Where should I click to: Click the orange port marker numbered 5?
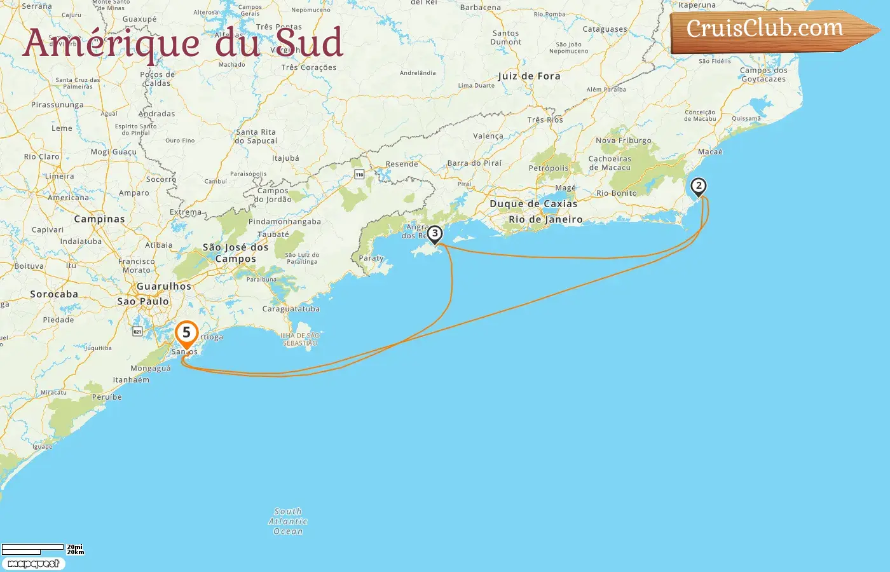[186, 333]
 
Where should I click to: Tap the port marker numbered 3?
[435, 234]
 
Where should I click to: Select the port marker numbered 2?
[699, 186]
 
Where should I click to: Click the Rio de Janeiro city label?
[545, 219]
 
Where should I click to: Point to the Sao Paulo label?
[143, 301]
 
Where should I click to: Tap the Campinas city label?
[99, 219]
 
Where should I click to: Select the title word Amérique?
[111, 43]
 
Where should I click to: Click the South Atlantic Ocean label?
[288, 521]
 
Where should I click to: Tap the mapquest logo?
[33, 564]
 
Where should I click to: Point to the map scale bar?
[33, 548]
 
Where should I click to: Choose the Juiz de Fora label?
[529, 76]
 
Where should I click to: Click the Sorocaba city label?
[54, 294]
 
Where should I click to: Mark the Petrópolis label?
[549, 168]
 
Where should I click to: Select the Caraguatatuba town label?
[291, 309]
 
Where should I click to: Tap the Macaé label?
[710, 152]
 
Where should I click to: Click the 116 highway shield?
[360, 174]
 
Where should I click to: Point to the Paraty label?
[371, 258]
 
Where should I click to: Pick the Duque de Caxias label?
[533, 204]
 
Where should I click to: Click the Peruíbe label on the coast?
[107, 397]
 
